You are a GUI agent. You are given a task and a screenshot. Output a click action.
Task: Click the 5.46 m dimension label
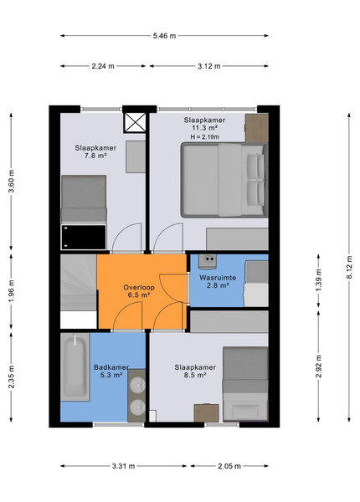coord(164,36)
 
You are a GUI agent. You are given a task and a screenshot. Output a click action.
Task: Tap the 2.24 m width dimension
coord(103,66)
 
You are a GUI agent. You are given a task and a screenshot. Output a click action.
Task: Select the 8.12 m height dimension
coord(349,267)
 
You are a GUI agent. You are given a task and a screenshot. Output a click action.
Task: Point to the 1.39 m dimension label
coord(318,280)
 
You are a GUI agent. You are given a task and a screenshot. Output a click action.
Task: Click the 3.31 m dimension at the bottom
coord(123,466)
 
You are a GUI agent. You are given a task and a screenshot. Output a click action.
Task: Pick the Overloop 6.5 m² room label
coord(139,291)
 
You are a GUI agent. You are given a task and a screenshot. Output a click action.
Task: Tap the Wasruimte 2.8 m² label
coord(218,281)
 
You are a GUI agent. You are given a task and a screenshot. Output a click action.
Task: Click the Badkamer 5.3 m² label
coord(111,371)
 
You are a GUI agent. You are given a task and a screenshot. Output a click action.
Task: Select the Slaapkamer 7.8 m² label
coord(95,151)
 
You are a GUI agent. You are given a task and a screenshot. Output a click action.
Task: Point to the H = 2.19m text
coord(205,137)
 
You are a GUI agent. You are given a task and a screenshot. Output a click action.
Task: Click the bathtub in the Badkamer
coord(75,366)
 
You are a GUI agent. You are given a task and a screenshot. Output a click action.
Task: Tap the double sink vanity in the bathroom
coord(136,395)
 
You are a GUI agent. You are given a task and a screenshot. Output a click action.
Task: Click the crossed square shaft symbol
coord(135,123)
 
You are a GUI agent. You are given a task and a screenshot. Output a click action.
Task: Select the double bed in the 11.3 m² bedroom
coord(224,180)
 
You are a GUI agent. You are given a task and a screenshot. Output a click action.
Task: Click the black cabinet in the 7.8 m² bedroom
coord(84,238)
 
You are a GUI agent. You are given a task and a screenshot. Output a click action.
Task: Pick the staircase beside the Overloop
coord(79,283)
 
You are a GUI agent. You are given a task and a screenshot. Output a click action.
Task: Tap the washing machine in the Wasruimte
coord(208,261)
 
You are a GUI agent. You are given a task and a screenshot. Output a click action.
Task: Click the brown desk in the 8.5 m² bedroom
coord(207,413)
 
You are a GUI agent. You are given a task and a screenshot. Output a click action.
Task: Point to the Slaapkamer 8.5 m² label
coord(195,371)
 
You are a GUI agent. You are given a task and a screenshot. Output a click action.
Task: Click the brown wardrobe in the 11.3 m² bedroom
coord(257,128)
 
